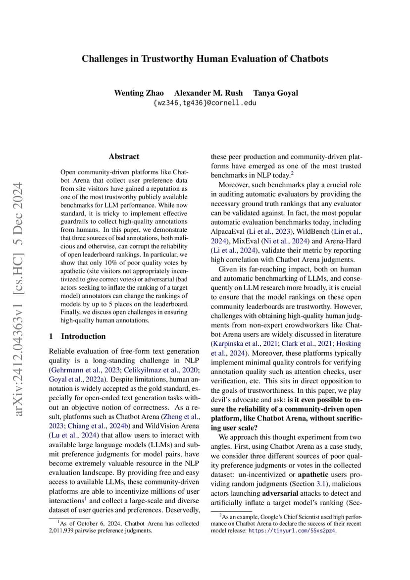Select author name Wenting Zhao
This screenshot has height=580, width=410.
point(139,93)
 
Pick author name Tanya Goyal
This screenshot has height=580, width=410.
point(275,93)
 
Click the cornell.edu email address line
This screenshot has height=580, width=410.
point(205,103)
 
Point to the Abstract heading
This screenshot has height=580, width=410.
point(124,157)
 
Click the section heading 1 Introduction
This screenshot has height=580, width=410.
point(77,336)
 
